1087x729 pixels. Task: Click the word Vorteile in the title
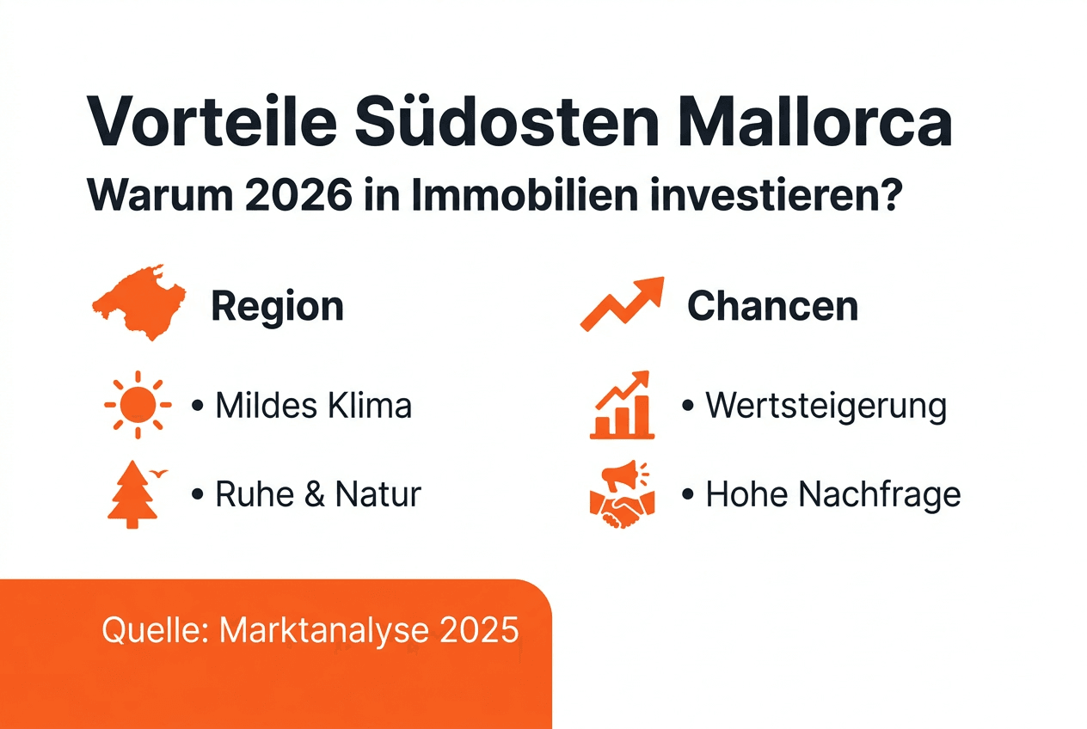click(x=212, y=120)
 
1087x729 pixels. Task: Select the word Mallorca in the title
click(x=815, y=120)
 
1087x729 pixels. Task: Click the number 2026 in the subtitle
click(x=299, y=195)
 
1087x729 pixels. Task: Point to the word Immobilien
click(x=525, y=194)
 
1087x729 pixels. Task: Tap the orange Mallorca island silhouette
click(x=138, y=303)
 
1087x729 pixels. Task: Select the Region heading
click(x=278, y=306)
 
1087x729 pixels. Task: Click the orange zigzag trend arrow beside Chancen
click(x=622, y=304)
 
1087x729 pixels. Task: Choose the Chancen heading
click(x=772, y=306)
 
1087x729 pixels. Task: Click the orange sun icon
click(x=138, y=405)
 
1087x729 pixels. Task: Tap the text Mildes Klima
click(x=314, y=405)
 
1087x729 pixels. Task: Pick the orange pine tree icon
click(x=132, y=494)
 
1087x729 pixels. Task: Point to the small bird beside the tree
click(x=159, y=473)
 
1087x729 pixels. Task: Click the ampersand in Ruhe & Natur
click(x=315, y=494)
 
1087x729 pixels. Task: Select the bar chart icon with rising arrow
click(x=622, y=405)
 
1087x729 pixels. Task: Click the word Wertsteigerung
click(x=826, y=407)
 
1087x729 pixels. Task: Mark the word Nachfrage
click(x=879, y=495)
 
